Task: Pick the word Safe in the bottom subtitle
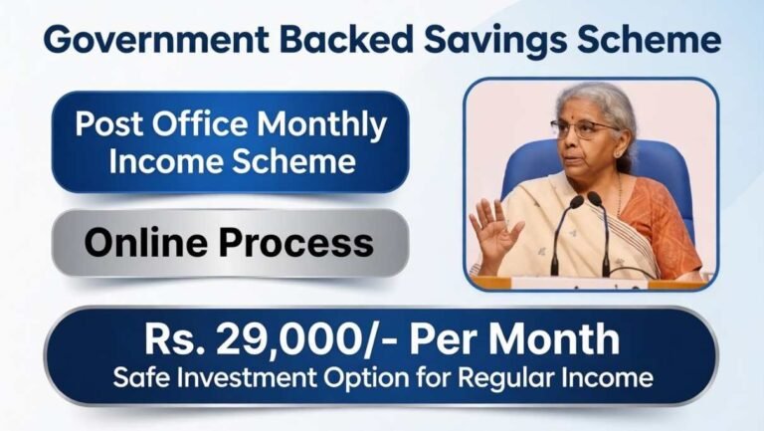(x=136, y=379)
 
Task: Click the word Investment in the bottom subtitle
(x=239, y=379)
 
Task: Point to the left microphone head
(x=568, y=202)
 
